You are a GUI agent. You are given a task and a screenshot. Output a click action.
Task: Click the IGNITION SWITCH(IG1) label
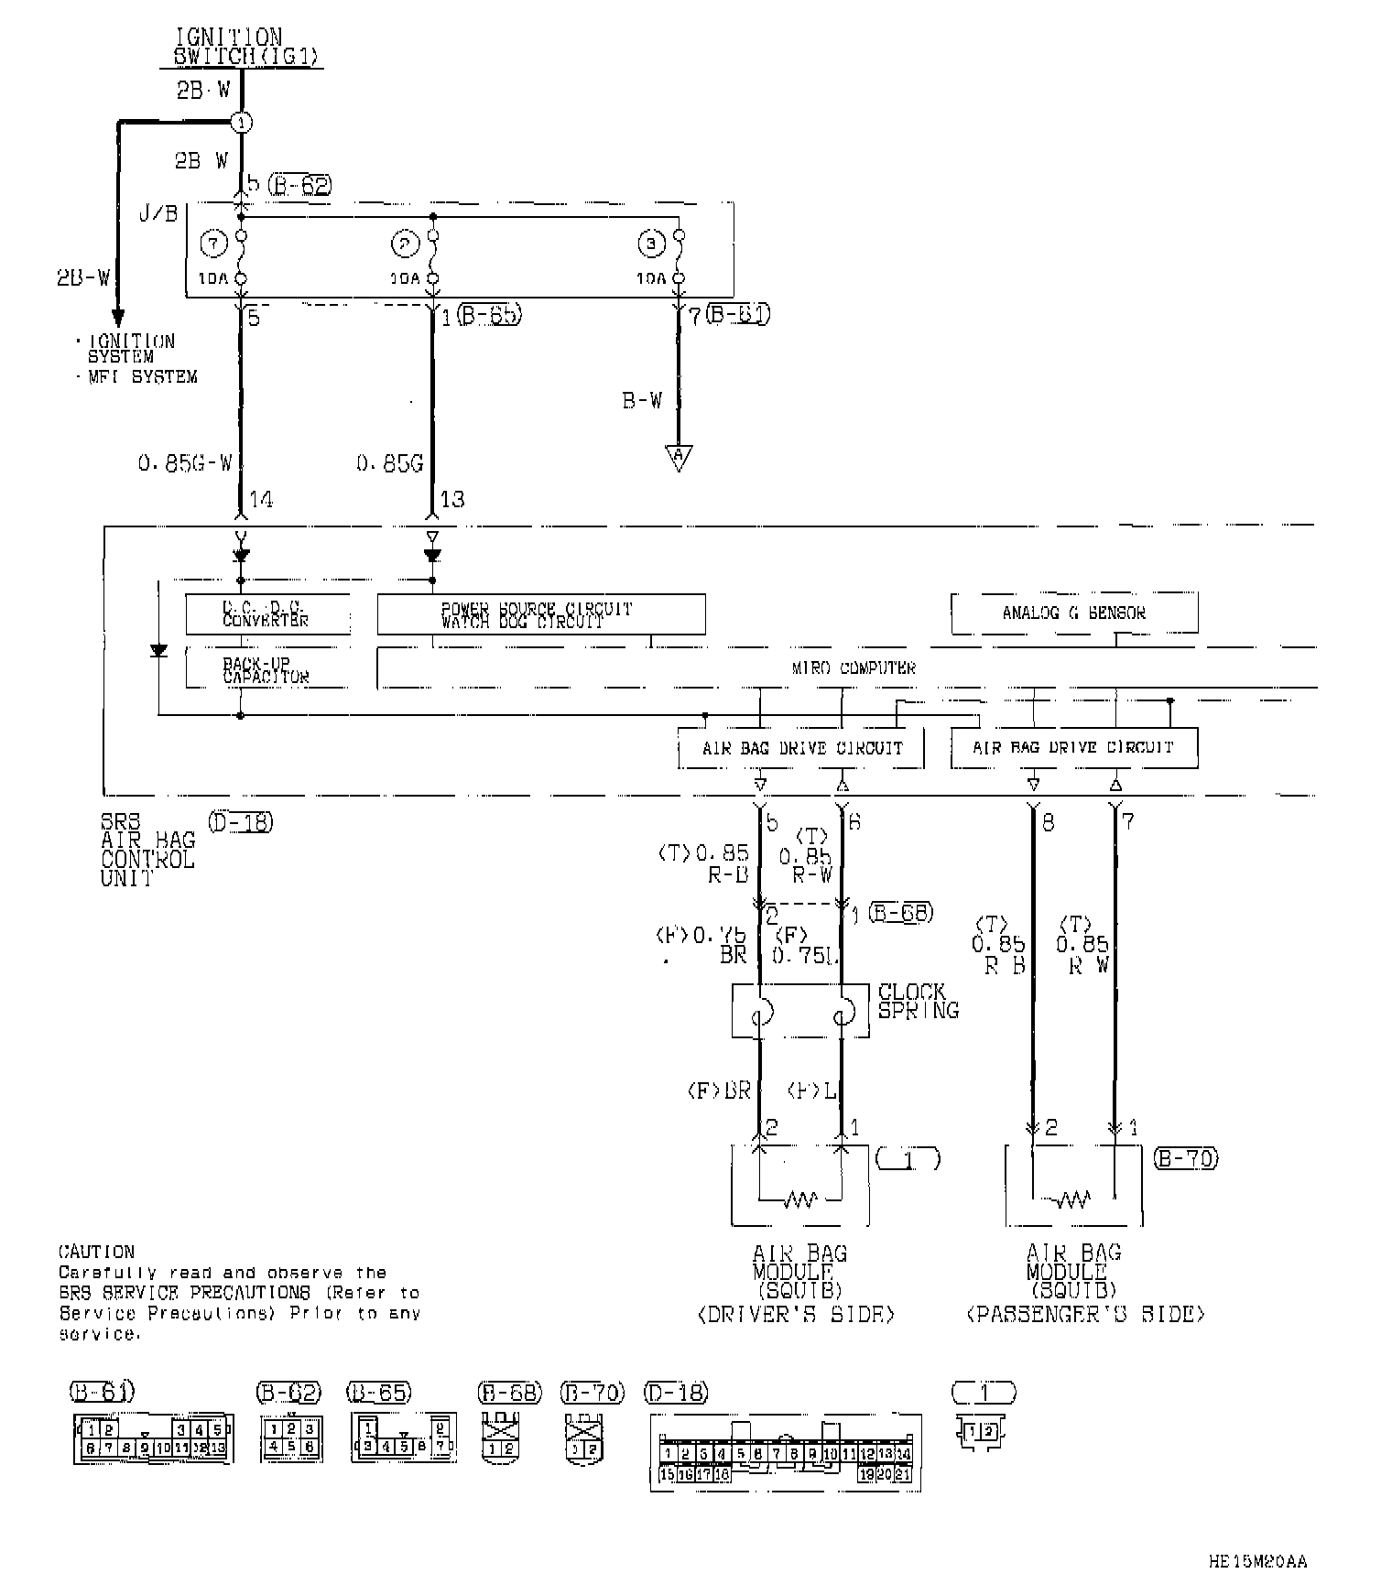(x=245, y=47)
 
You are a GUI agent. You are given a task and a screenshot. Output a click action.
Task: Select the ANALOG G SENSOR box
(x=1074, y=613)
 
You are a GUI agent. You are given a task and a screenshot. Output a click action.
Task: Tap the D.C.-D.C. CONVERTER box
(x=267, y=614)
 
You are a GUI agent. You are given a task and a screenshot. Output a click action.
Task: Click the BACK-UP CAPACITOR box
(x=267, y=670)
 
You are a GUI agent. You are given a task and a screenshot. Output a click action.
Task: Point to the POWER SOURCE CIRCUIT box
(x=540, y=614)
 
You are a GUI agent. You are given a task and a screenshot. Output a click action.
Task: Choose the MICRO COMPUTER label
(x=854, y=668)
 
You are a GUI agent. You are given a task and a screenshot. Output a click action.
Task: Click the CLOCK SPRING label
(x=918, y=1002)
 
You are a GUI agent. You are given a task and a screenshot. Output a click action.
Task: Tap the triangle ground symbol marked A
(x=679, y=457)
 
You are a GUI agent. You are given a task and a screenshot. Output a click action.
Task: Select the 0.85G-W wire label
(x=186, y=464)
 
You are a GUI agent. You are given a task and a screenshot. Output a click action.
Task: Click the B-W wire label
(x=642, y=400)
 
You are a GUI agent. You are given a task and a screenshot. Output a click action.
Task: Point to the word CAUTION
(x=96, y=1252)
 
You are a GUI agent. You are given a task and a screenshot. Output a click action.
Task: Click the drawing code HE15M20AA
(x=1257, y=1562)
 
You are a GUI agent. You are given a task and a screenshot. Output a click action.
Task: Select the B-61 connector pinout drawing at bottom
(x=153, y=1438)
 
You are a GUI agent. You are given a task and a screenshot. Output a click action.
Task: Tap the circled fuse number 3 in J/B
(x=651, y=244)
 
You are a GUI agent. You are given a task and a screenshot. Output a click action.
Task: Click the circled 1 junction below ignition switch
(x=241, y=122)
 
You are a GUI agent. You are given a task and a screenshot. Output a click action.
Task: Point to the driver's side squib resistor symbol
(x=799, y=1199)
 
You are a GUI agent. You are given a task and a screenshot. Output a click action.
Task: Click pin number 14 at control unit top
(x=261, y=500)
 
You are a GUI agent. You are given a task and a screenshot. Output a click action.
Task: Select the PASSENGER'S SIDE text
(x=1085, y=1315)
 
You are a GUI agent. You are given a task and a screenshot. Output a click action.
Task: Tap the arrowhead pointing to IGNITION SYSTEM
(x=117, y=318)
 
